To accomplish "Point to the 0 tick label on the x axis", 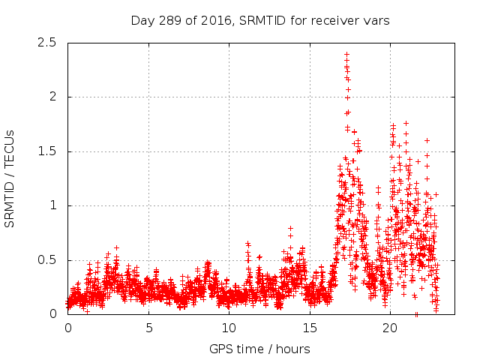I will pyautogui.click(x=67, y=328).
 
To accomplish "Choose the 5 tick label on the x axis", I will pyautogui.click(x=148, y=328).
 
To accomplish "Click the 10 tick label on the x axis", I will pyautogui.click(x=229, y=328).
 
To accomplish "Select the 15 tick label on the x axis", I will pyautogui.click(x=310, y=328).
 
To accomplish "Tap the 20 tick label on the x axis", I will pyautogui.click(x=390, y=328).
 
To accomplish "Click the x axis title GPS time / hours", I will pyautogui.click(x=259, y=349).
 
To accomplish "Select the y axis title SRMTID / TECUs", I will pyautogui.click(x=10, y=178).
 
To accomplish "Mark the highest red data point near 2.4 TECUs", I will pyautogui.click(x=346, y=54).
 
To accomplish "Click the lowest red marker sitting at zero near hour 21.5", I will pyautogui.click(x=416, y=314).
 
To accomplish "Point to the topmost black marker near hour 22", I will pyautogui.click(x=427, y=140).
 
